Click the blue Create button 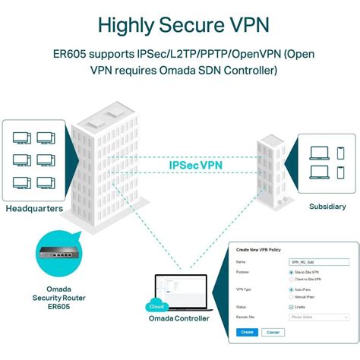click(x=246, y=332)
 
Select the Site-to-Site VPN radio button click(x=291, y=272)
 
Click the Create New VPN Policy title click(x=263, y=250)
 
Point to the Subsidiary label click(x=327, y=207)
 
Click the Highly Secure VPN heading click(x=180, y=24)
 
